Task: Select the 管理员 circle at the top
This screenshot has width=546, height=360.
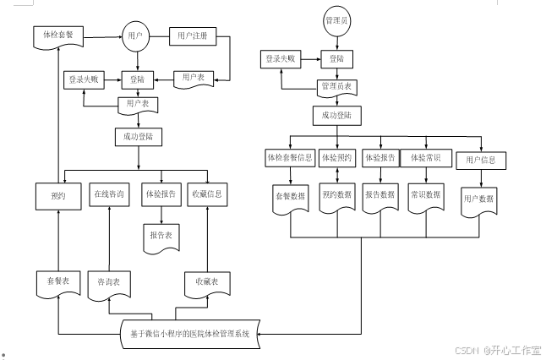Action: click(337, 19)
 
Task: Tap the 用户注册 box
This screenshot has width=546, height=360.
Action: click(194, 37)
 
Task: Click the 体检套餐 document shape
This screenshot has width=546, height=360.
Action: click(57, 36)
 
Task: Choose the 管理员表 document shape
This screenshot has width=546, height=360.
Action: click(336, 87)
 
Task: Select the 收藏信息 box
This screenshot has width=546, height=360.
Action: click(207, 194)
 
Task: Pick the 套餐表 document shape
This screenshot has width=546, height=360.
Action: click(57, 281)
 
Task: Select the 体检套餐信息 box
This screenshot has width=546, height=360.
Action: click(290, 158)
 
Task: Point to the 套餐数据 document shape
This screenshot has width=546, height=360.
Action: click(290, 195)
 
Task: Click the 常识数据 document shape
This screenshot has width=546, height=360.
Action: click(425, 195)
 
